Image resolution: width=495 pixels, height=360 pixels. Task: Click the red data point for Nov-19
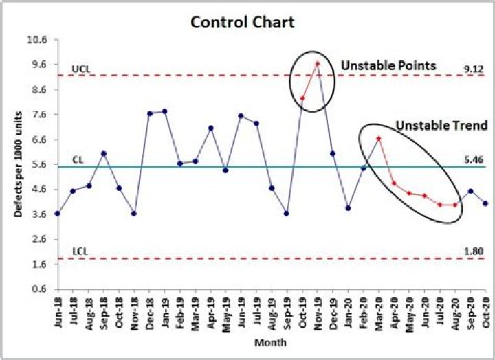tap(317, 63)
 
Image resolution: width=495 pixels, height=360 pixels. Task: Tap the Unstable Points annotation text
tap(388, 65)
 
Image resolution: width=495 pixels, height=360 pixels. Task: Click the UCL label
tap(80, 69)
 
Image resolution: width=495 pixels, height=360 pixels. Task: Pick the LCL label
tap(80, 252)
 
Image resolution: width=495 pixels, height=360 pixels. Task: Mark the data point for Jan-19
tap(164, 111)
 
